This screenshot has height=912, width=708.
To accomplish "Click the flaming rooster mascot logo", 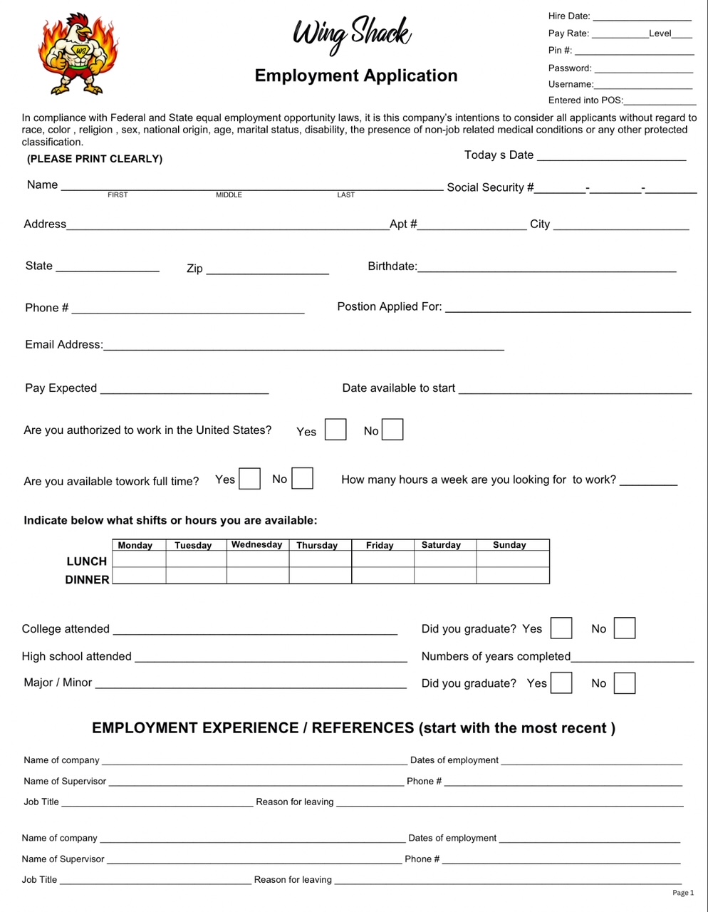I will (78, 53).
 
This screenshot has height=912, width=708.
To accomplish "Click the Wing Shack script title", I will (352, 34).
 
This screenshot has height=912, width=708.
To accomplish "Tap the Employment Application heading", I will (356, 76).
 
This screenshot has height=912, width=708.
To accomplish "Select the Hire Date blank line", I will (642, 17).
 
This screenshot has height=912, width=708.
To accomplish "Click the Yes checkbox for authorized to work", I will (335, 430).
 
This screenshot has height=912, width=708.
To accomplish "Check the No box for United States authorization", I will (392, 430).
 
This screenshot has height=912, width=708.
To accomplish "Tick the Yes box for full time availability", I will (249, 478).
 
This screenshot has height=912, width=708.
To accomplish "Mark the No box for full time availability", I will (303, 478).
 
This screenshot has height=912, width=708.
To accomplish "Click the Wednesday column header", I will (257, 545).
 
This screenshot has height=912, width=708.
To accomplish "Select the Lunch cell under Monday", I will (139, 560).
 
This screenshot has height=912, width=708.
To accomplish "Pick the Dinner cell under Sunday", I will (513, 576).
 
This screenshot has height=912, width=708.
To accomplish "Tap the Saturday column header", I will (442, 545).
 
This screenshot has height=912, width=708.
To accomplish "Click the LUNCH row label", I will (87, 561).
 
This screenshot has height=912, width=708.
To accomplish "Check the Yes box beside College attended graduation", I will (561, 628).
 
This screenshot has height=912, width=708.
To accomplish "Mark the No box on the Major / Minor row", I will (625, 683).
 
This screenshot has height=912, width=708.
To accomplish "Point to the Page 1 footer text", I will (682, 893).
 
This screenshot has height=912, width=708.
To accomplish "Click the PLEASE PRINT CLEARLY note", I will (95, 159).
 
